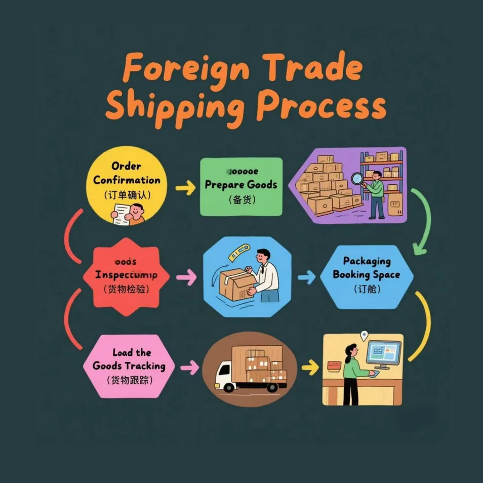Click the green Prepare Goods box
241,186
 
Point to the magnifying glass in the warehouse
356,178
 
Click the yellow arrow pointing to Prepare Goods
185,188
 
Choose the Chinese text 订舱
367,290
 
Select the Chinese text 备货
241,199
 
